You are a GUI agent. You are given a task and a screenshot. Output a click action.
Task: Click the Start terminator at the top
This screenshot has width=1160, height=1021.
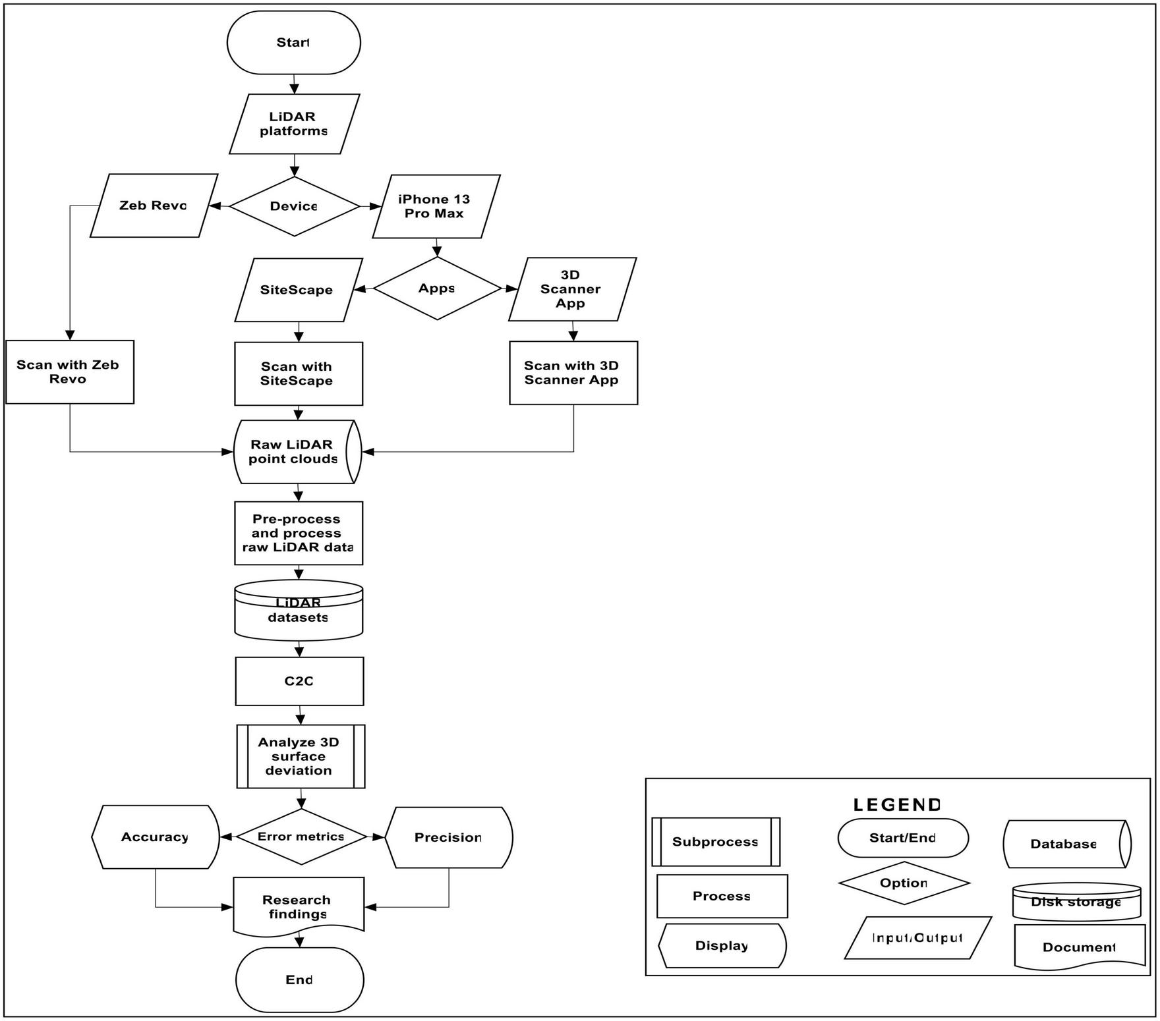pos(293,43)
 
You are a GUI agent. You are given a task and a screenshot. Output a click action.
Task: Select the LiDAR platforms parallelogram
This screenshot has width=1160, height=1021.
pos(294,124)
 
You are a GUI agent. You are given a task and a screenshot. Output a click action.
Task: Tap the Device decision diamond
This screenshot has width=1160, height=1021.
pos(294,206)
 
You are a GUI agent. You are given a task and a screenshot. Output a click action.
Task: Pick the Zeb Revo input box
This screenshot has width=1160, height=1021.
pos(154,206)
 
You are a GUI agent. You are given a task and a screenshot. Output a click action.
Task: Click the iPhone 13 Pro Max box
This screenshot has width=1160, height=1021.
pos(436,206)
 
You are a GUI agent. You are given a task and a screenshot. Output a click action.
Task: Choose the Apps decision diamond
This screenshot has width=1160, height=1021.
pos(437,289)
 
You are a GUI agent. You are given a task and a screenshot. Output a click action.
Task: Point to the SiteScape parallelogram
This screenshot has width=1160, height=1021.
pos(298,290)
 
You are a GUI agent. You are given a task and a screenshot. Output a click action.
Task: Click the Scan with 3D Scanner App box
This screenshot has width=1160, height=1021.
pos(573,373)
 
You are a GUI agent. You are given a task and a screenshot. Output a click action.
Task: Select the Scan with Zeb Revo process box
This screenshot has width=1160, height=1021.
pos(69,372)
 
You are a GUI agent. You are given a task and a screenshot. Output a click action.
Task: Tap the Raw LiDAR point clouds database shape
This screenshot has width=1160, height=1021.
pos(297,452)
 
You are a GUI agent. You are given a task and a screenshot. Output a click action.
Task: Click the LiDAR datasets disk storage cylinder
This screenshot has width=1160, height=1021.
pos(299,611)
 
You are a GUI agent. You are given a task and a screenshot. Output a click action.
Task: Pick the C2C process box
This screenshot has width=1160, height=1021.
pos(299,681)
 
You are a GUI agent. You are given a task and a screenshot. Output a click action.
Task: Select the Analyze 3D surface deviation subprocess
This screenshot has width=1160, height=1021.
pos(301,756)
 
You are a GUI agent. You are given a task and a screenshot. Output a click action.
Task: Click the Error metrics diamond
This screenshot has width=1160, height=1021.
pos(301,837)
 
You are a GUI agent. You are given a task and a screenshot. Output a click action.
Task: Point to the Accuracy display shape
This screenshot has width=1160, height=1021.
pos(156,837)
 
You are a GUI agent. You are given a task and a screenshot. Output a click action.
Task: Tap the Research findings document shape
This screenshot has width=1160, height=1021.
pos(299,906)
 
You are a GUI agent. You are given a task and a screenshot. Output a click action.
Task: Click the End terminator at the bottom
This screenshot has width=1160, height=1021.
pos(299,980)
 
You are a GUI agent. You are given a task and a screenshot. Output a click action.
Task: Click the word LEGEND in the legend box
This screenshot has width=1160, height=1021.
pos(896,805)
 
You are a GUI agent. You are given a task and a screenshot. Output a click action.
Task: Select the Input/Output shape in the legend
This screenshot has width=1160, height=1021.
pos(917,938)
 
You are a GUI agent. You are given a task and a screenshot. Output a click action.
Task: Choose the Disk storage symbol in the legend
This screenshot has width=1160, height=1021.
pos(1076,902)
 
